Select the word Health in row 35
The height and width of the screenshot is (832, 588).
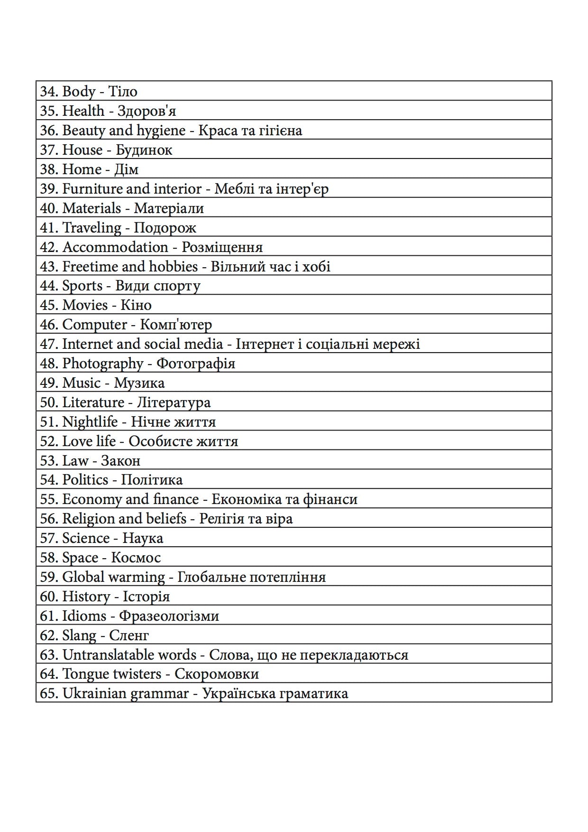[83, 111]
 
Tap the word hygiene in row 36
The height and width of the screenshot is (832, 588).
[161, 131]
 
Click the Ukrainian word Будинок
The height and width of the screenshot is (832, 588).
[144, 150]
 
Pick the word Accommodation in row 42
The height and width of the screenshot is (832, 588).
[115, 247]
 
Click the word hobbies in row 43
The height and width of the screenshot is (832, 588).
[173, 266]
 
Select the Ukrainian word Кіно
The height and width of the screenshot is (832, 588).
[136, 305]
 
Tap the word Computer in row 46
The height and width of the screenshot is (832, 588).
[94, 325]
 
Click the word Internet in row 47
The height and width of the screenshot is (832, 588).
[87, 344]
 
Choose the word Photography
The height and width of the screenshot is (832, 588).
[102, 364]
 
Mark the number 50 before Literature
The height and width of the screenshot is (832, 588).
[48, 402]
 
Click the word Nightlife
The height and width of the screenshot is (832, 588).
[90, 421]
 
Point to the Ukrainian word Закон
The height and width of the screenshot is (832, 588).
[120, 460]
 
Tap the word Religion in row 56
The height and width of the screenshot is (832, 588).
[88, 518]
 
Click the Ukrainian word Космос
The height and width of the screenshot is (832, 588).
[136, 557]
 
